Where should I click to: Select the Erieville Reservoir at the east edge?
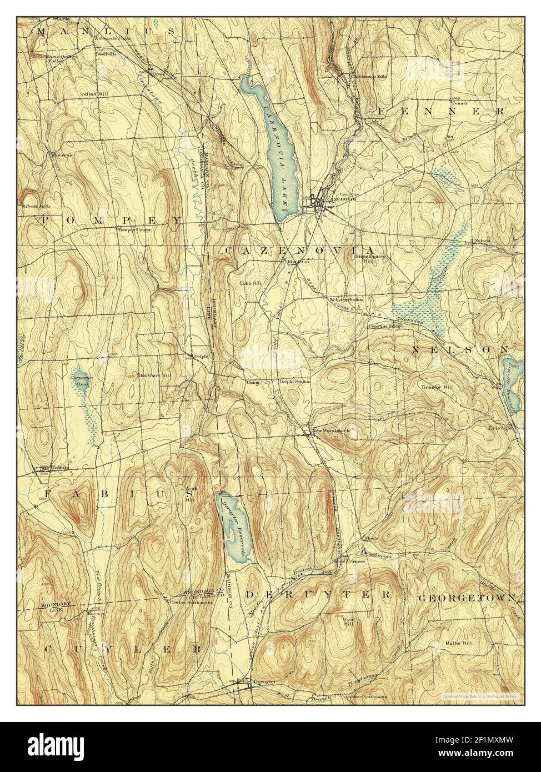tap(512, 383)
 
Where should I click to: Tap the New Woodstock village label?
tap(332, 432)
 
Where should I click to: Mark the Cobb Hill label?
tap(251, 283)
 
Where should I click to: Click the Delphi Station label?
tap(295, 382)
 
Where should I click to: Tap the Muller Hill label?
tap(459, 644)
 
